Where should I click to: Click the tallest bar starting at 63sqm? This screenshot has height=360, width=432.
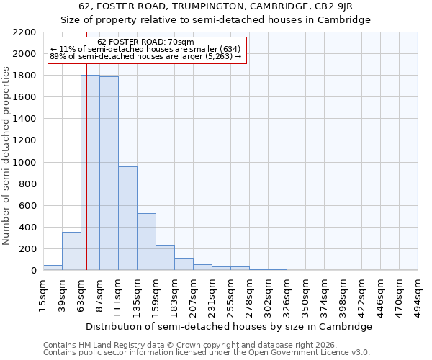[90, 173]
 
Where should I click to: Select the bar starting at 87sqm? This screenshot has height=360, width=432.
[109, 174]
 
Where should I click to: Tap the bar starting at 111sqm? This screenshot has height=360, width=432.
[127, 218]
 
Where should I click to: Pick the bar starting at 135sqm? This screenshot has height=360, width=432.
[146, 242]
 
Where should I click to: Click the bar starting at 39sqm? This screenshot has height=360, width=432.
[71, 251]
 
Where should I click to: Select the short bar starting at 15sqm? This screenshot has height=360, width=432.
[53, 268]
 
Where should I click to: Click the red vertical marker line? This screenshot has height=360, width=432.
[86, 180]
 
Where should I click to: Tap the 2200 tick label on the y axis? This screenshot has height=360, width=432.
[24, 32]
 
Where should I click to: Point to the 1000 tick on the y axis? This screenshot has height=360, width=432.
[24, 163]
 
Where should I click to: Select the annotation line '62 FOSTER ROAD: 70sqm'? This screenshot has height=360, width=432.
[145, 42]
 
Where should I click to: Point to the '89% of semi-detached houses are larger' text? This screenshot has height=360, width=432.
[145, 56]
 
